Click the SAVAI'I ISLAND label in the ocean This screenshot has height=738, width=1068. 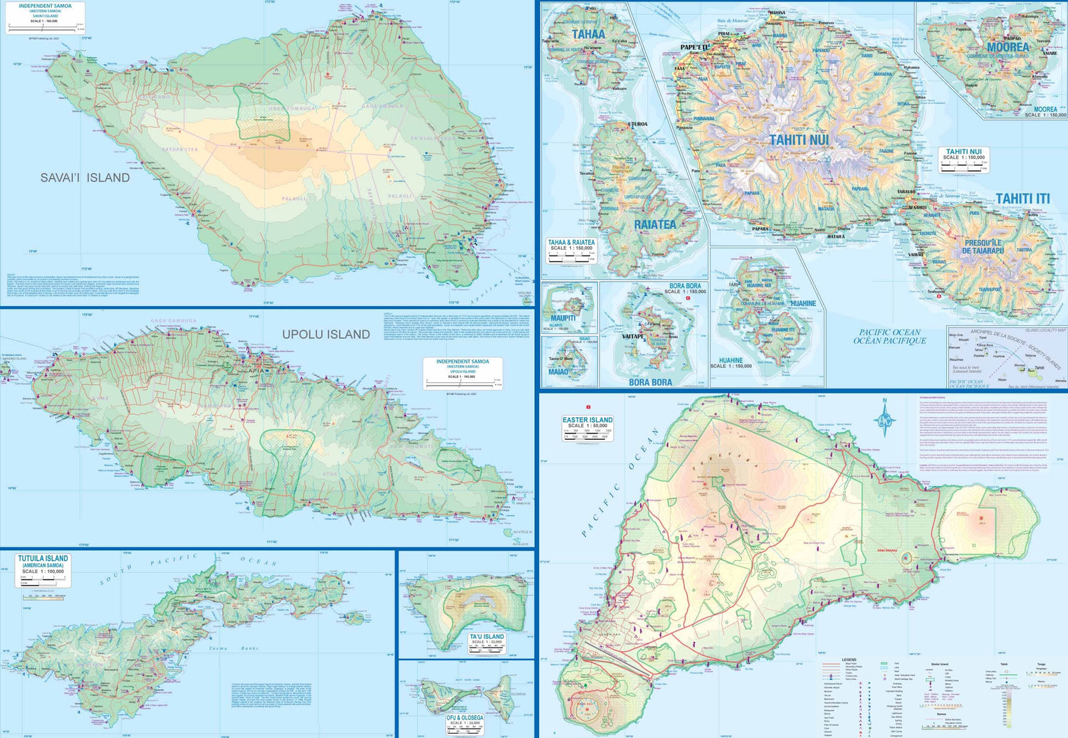pos(85,178)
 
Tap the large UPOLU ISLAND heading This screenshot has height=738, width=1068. pos(325,334)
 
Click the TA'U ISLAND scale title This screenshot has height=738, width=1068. pos(486,638)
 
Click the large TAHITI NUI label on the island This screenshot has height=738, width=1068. pos(799,140)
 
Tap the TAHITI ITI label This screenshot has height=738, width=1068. pos(1022,199)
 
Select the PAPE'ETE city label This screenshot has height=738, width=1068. pos(695,48)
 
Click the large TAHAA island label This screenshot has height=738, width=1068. pos(588,34)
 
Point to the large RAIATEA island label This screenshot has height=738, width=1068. pos(654,225)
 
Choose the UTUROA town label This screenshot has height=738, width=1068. pos(637,125)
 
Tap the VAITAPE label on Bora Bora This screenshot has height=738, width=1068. pos(632,337)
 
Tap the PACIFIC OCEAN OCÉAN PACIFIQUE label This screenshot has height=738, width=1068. pos(889,337)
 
